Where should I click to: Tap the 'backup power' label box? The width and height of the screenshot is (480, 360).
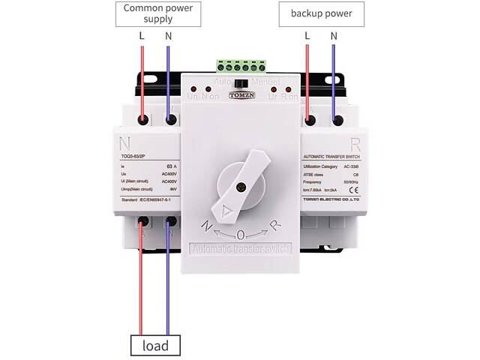tap(321, 13)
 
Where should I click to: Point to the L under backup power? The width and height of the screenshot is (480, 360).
tap(307, 36)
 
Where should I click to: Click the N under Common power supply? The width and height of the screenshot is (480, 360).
tap(168, 36)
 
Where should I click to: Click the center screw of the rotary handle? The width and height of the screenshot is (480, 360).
tap(240, 187)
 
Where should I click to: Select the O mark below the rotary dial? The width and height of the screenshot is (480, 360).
tap(241, 233)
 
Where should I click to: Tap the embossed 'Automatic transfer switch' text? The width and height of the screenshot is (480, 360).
tap(240, 249)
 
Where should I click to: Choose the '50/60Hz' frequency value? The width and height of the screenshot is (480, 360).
tap(349, 182)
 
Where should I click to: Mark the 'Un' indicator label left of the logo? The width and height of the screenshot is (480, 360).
tap(191, 97)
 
